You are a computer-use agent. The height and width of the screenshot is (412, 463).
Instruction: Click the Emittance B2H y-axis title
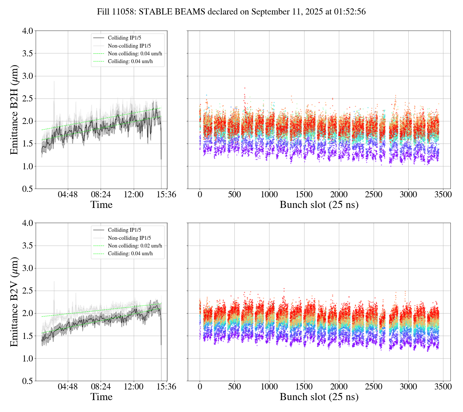[14, 110]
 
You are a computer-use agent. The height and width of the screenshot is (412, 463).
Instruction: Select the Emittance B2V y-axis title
[14, 302]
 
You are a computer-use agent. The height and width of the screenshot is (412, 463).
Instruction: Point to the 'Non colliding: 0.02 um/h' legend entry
[135, 246]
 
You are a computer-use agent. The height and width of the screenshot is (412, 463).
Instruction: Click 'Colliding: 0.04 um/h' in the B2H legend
[130, 61]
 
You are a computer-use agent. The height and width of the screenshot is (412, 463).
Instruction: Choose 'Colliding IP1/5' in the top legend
[124, 38]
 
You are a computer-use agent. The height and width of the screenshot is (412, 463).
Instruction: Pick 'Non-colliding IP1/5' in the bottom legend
[129, 238]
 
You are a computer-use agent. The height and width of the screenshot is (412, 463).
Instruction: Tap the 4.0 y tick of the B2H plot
[27, 31]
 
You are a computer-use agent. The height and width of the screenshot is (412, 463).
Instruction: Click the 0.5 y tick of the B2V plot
[27, 381]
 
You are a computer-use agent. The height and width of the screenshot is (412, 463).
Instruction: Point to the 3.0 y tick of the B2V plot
[27, 268]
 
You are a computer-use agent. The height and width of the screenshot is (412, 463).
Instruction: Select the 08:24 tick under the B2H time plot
[101, 195]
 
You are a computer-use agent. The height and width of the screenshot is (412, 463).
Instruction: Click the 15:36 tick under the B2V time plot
[166, 387]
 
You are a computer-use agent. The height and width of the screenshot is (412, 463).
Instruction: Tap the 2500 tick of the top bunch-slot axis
[374, 195]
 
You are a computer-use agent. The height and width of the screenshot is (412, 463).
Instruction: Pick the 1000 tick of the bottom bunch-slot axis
[269, 387]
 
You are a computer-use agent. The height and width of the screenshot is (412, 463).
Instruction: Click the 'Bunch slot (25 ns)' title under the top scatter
[319, 205]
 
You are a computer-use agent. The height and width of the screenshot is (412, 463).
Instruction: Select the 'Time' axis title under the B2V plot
[101, 397]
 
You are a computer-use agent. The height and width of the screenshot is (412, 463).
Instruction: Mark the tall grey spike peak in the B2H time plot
[54, 81]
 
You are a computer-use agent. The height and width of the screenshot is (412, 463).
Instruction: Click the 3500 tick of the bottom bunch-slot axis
[443, 387]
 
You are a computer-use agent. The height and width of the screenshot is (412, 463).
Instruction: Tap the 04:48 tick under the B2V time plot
[68, 387]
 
